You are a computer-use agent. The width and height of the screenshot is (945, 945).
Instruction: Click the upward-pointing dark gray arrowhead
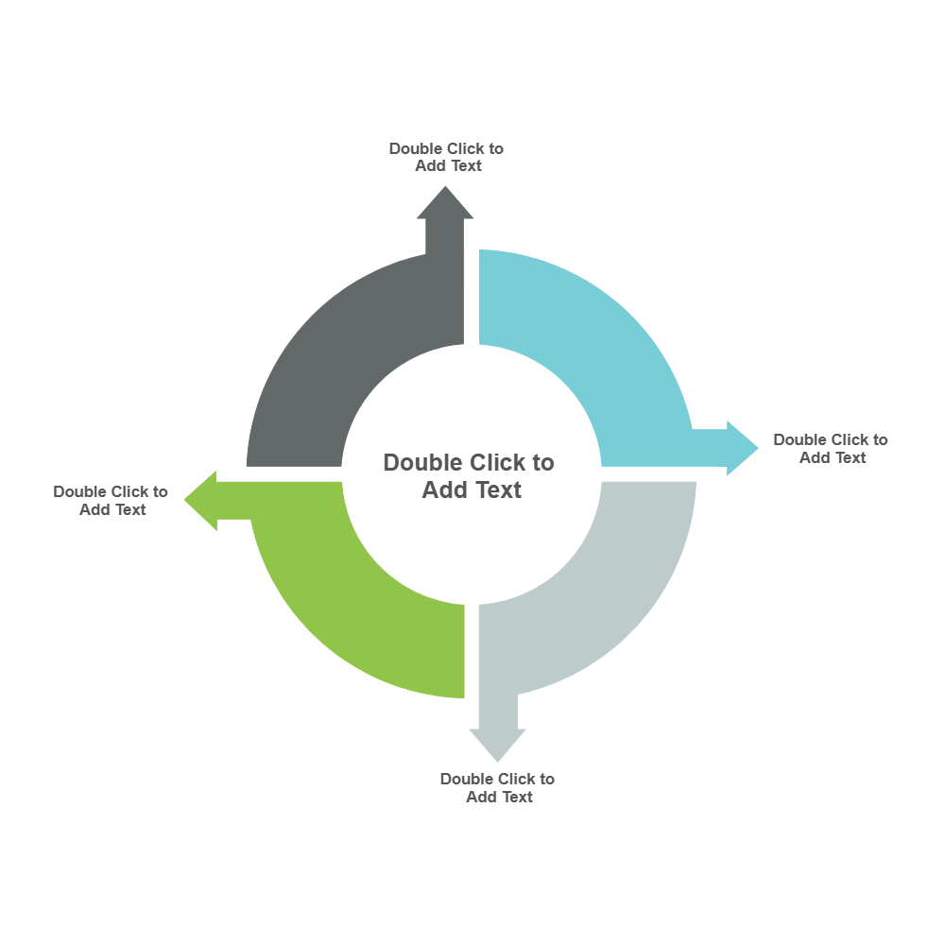tap(445, 204)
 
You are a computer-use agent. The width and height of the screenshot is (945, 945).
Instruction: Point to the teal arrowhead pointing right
tap(741, 448)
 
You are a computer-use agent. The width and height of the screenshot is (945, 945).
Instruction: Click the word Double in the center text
tap(421, 463)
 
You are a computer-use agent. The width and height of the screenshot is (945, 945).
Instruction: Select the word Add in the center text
tap(442, 490)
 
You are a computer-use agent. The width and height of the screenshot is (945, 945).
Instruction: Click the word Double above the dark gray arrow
tap(417, 148)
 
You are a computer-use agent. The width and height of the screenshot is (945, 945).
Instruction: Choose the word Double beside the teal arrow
tap(801, 439)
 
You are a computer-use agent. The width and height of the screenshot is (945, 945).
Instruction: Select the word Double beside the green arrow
tap(81, 491)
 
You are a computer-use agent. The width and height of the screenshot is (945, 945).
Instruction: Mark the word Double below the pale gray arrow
tap(468, 779)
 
